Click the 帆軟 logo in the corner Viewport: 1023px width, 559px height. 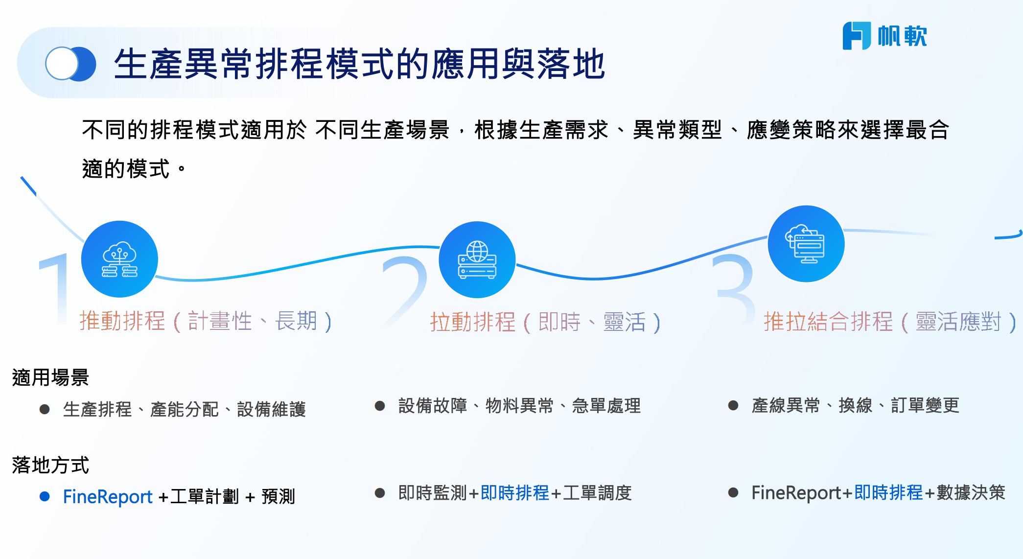click(884, 36)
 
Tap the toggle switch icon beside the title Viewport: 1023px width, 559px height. click(70, 64)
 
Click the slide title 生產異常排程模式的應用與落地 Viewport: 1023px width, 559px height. click(360, 64)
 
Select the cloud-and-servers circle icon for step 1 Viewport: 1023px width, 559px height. click(119, 259)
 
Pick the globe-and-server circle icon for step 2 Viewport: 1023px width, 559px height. click(477, 259)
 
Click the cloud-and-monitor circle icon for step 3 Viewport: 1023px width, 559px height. click(806, 244)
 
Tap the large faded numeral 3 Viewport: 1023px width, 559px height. click(735, 289)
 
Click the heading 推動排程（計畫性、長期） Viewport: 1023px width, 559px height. click(206, 322)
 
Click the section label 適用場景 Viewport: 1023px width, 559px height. click(50, 378)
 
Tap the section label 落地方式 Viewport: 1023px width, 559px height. click(50, 465)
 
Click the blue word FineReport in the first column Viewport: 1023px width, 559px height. click(108, 497)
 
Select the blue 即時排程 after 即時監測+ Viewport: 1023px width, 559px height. click(515, 493)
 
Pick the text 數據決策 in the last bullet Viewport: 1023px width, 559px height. click(971, 493)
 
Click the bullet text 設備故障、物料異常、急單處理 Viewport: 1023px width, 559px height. click(519, 406)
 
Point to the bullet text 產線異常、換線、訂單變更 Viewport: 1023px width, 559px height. click(855, 406)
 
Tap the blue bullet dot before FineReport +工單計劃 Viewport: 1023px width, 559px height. click(45, 497)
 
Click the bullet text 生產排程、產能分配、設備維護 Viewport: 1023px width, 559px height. click(184, 409)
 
